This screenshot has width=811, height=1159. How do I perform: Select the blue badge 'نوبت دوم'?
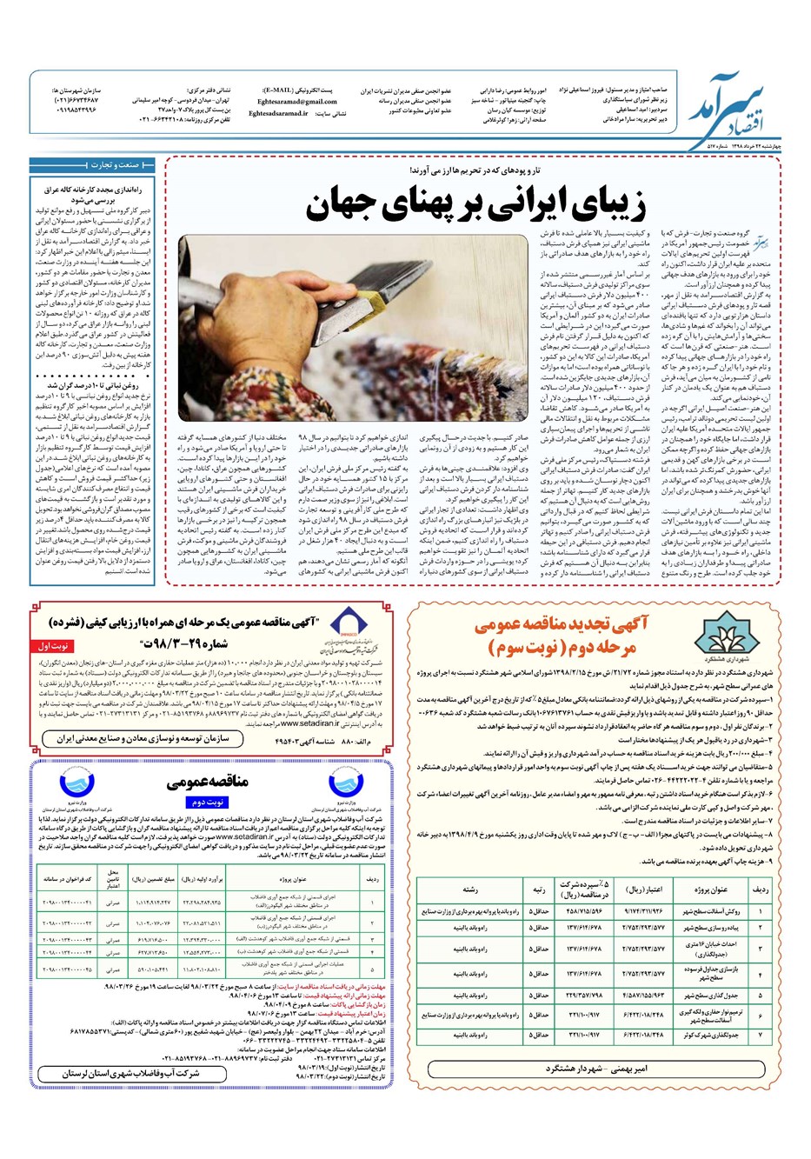[x=209, y=803]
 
